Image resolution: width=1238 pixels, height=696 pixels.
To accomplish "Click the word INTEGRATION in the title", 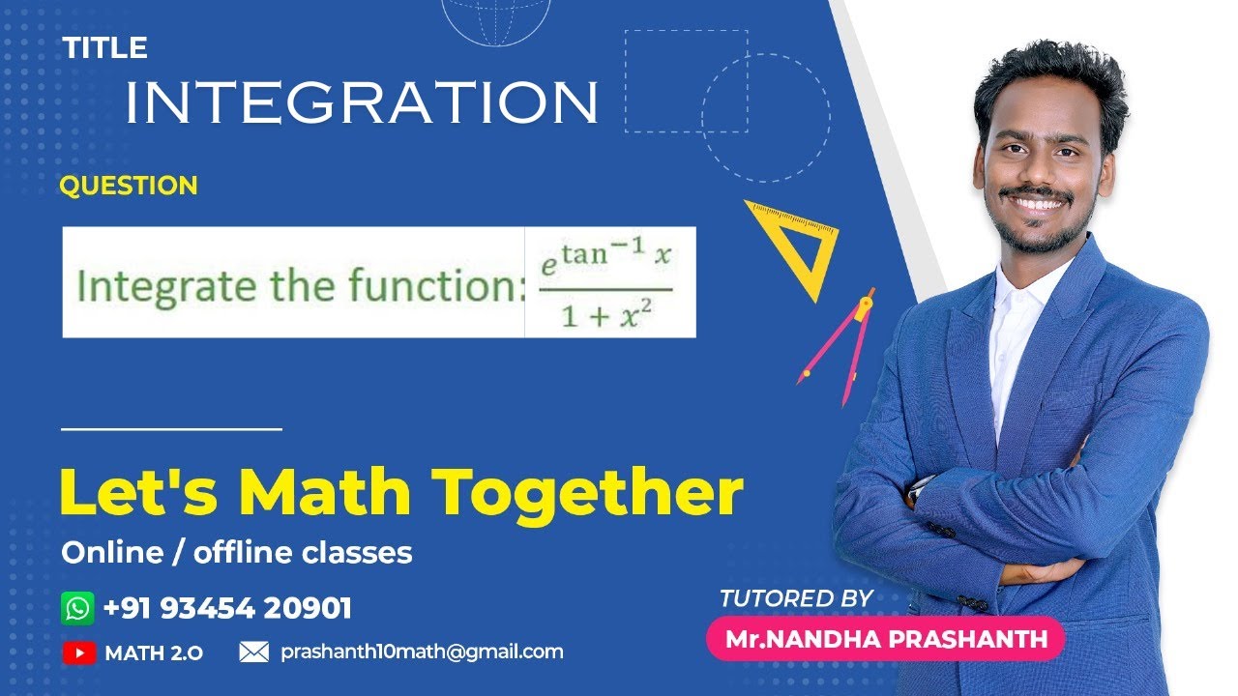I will pyautogui.click(x=362, y=101).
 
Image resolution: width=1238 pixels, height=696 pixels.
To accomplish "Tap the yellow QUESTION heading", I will pyautogui.click(x=129, y=186).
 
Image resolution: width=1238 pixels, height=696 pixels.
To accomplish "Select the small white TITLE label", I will pyautogui.click(x=105, y=47).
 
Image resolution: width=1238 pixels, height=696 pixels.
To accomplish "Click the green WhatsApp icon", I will pyautogui.click(x=77, y=608).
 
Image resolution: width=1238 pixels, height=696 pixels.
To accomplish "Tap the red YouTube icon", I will pyautogui.click(x=78, y=652).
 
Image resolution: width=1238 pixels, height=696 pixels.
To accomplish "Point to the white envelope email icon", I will pyautogui.click(x=253, y=652).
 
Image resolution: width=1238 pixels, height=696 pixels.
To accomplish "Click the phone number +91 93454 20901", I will pyautogui.click(x=227, y=608).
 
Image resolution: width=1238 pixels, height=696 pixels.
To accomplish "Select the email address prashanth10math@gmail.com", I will pyautogui.click(x=422, y=652).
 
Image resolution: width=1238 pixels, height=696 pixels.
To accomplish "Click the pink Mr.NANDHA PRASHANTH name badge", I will pyautogui.click(x=886, y=639).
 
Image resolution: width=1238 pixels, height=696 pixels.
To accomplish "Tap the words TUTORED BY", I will pyautogui.click(x=796, y=598).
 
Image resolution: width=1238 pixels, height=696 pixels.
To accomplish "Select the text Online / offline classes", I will pyautogui.click(x=237, y=553).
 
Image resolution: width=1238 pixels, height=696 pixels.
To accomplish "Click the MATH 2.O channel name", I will pyautogui.click(x=154, y=653).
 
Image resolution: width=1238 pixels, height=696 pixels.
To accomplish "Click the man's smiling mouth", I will pyautogui.click(x=1036, y=203).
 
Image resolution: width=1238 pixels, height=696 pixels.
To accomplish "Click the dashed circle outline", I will pyautogui.click(x=765, y=118).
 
